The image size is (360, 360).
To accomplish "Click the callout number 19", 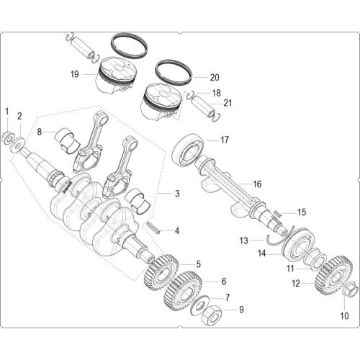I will point(75,73).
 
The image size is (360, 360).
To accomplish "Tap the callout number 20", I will point(215,78).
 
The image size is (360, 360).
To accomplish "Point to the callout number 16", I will point(257,184).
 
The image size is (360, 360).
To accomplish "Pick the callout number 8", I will point(40,132).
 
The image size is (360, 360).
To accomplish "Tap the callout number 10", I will point(344,315).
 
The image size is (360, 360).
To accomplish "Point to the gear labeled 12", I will point(333,275).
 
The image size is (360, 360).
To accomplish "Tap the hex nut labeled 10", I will point(350,291).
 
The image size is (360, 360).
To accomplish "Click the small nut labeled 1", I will point(7,136).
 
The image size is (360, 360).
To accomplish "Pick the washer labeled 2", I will point(17,146).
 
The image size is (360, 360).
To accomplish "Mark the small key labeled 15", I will point(279,213).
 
